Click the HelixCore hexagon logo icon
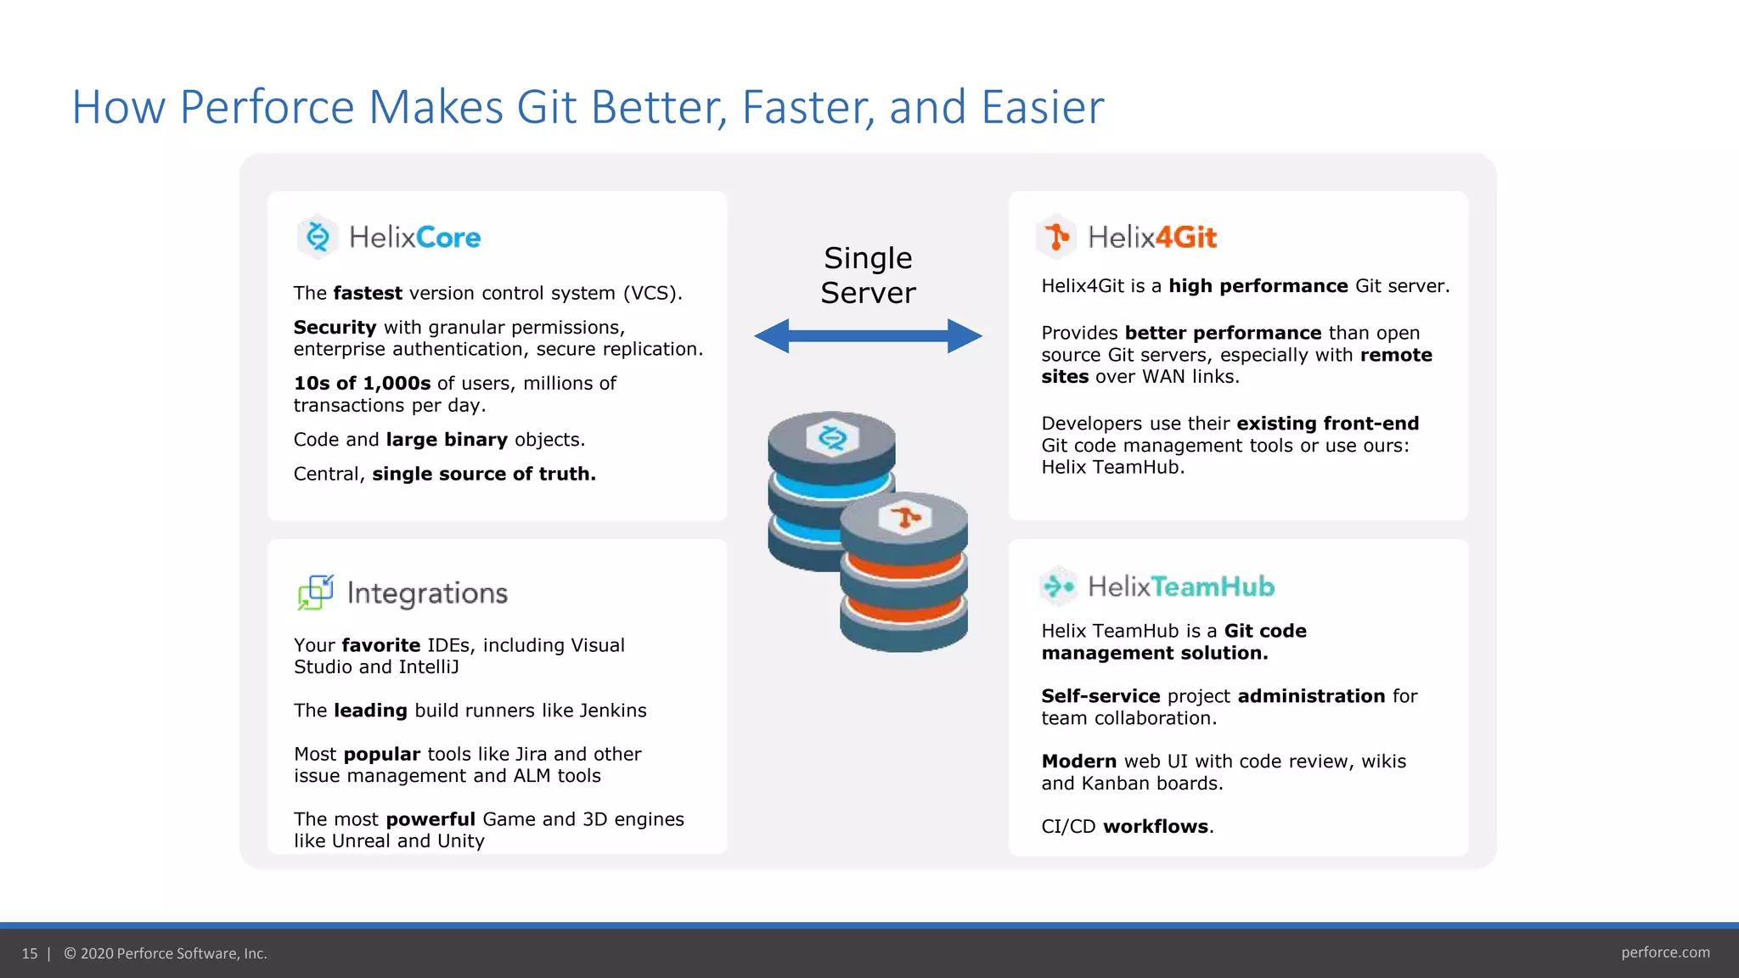pos(318,237)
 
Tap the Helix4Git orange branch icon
pos(1056,237)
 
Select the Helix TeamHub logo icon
pos(1058,586)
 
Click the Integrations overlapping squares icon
pos(316,593)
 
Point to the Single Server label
pos(868,275)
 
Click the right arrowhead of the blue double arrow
pos(965,336)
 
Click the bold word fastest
pos(368,293)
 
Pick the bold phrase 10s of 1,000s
pos(362,383)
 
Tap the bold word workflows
pos(1155,826)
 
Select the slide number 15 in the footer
pos(30,953)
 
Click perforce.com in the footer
pos(1665,953)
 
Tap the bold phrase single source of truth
pos(484,474)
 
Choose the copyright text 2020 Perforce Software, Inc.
pos(173,953)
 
